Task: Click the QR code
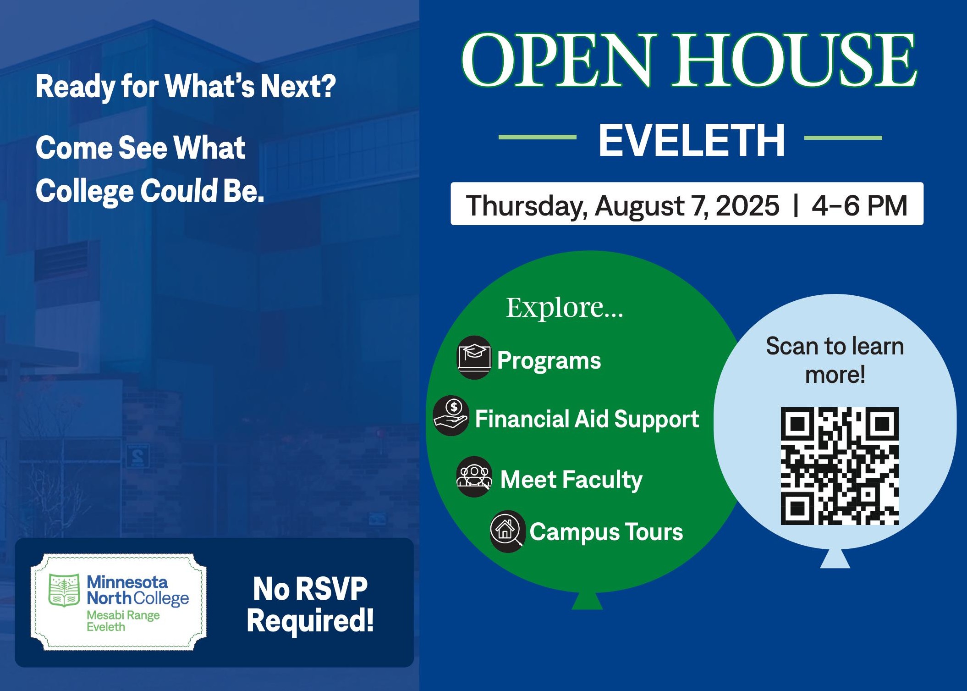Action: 840,466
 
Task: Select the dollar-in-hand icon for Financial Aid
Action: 451,416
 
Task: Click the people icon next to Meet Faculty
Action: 474,477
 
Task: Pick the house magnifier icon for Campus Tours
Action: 507,531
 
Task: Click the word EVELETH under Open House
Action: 692,140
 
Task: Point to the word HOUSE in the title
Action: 794,60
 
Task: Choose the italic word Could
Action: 178,190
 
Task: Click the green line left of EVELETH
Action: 537,137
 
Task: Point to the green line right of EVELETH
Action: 843,137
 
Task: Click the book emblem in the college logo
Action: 64,590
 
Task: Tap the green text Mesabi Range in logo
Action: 123,615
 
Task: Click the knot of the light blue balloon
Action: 835,558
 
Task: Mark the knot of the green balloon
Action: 587,601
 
